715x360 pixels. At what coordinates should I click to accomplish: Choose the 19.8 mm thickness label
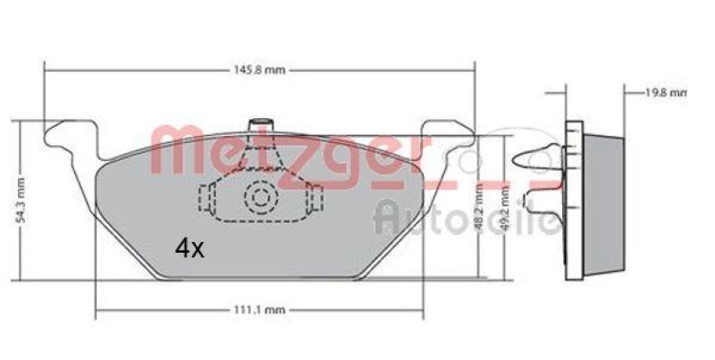pos(667,91)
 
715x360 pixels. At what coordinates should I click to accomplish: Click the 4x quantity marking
pos(189,249)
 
